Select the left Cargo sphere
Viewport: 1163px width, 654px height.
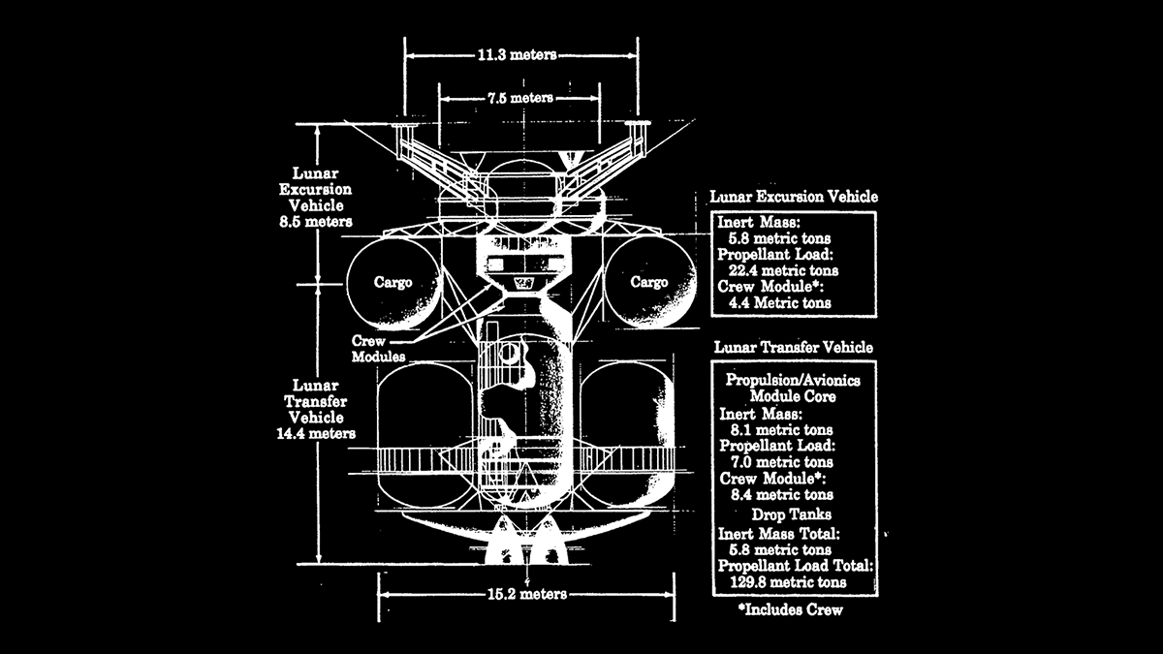pos(393,282)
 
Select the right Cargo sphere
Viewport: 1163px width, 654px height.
pos(648,282)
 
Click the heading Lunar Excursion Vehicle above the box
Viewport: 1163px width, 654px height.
pos(794,197)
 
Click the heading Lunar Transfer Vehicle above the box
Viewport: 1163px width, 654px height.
pos(794,347)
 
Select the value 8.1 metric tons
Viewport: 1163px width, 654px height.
pos(782,429)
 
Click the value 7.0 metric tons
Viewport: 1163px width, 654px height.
pos(782,462)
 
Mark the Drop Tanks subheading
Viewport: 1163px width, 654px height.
pos(792,514)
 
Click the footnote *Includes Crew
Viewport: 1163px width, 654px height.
pos(790,609)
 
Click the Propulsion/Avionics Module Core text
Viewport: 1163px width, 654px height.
pos(793,389)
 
